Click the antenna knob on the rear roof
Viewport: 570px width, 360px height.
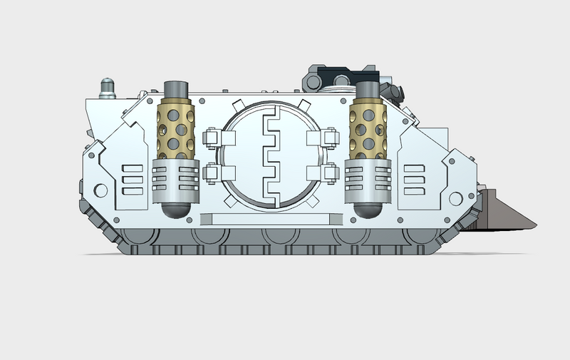[106, 86]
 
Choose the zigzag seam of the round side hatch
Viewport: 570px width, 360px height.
[271, 154]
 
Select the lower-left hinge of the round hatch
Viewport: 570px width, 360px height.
[212, 172]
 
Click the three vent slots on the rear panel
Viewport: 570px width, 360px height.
[133, 180]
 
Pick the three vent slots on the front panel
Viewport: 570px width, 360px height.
[414, 179]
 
